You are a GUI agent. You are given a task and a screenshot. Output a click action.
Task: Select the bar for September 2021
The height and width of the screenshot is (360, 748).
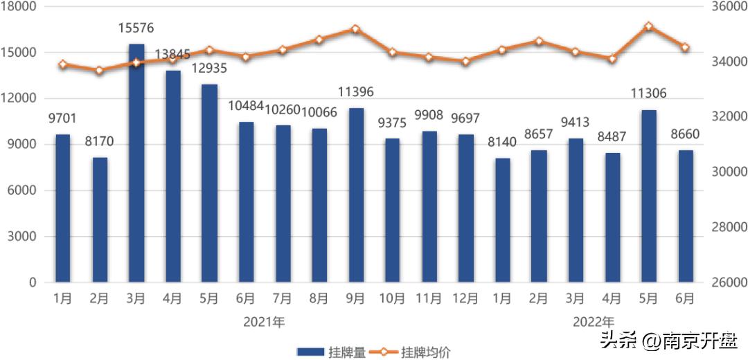click(x=356, y=195)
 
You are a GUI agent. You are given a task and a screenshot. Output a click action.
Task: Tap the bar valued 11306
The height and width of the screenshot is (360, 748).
click(x=649, y=196)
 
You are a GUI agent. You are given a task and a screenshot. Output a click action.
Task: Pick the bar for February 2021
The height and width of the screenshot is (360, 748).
click(x=100, y=219)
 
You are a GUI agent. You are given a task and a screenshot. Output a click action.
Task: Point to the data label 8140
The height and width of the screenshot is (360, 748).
click(x=502, y=142)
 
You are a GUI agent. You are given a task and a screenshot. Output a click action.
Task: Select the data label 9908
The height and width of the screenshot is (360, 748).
click(x=429, y=115)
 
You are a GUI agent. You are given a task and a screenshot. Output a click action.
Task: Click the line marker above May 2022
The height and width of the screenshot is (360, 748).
click(x=648, y=26)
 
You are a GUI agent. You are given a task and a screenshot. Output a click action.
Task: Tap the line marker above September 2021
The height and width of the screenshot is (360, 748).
click(x=355, y=29)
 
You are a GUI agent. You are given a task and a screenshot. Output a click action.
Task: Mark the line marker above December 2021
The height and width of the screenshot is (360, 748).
click(x=465, y=61)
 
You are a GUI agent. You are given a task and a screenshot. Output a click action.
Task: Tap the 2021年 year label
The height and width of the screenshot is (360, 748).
click(x=264, y=321)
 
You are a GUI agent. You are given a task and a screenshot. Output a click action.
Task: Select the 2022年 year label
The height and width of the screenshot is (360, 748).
click(x=594, y=321)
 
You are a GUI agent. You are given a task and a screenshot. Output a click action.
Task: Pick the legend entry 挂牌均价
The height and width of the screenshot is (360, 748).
click(x=411, y=352)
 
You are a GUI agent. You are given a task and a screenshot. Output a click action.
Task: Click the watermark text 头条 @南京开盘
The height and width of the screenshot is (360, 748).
click(x=669, y=339)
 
